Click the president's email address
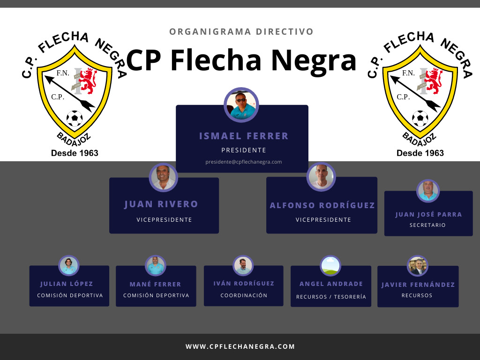(x=244, y=162)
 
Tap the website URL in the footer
(x=240, y=346)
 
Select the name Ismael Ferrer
(x=244, y=136)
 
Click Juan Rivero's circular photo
(x=164, y=178)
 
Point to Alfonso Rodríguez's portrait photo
(x=321, y=177)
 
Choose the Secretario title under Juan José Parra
(x=427, y=225)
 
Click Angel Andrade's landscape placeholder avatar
(x=330, y=266)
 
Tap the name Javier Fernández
(x=418, y=285)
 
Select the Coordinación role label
(x=244, y=295)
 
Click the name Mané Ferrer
(x=155, y=285)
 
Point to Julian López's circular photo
(x=69, y=266)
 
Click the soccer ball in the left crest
(x=75, y=119)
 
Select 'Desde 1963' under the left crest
(x=75, y=153)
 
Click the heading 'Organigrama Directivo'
(x=241, y=32)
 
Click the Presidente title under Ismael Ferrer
(x=244, y=150)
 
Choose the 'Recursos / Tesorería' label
(x=331, y=297)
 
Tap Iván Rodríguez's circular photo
(x=243, y=266)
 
